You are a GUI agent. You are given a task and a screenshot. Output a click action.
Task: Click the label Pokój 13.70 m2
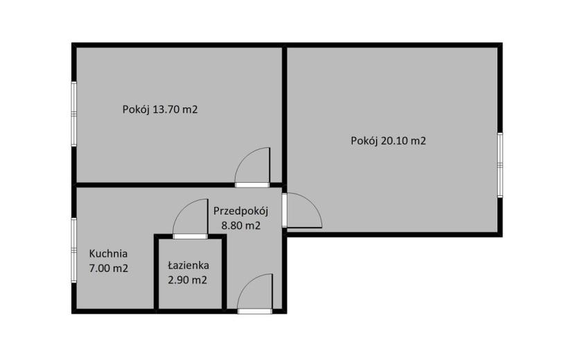pos(160,109)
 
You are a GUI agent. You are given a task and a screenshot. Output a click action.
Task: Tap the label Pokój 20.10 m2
pos(389,141)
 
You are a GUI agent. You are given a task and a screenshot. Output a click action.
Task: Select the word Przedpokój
pos(241,211)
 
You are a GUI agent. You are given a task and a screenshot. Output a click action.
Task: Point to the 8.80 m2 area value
pos(241,226)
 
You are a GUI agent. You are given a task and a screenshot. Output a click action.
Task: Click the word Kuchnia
pos(109,253)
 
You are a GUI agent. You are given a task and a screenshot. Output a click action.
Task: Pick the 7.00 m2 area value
pos(109,269)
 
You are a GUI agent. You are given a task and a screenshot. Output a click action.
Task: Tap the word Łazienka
pos(188,264)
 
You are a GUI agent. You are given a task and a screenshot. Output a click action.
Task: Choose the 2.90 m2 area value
pos(187,280)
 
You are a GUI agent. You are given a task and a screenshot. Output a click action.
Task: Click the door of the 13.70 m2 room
pos(252,168)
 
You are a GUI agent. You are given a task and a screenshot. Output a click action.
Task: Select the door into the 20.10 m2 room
pos(302,210)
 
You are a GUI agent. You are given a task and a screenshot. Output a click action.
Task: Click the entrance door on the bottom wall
pos(255,294)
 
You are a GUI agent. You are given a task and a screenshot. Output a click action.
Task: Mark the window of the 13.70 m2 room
pos(73,114)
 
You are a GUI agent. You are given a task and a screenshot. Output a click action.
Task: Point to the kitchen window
pos(73,250)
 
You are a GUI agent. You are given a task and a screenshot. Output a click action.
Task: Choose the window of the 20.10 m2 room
pos(499,165)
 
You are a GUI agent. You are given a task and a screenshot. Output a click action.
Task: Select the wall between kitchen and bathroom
pos(156,274)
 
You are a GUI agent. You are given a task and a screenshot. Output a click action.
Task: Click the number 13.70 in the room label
pos(166,109)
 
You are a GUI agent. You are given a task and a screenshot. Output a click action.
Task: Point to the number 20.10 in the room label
pos(394,141)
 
